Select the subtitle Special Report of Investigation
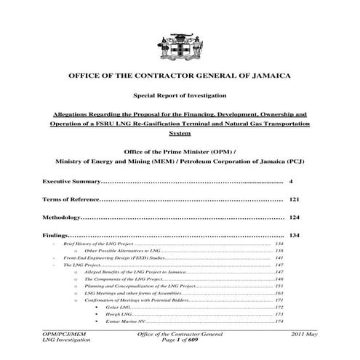coord(179,96)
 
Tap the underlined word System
coord(179,135)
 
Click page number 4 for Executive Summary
coord(290,180)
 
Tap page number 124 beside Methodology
coord(295,217)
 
